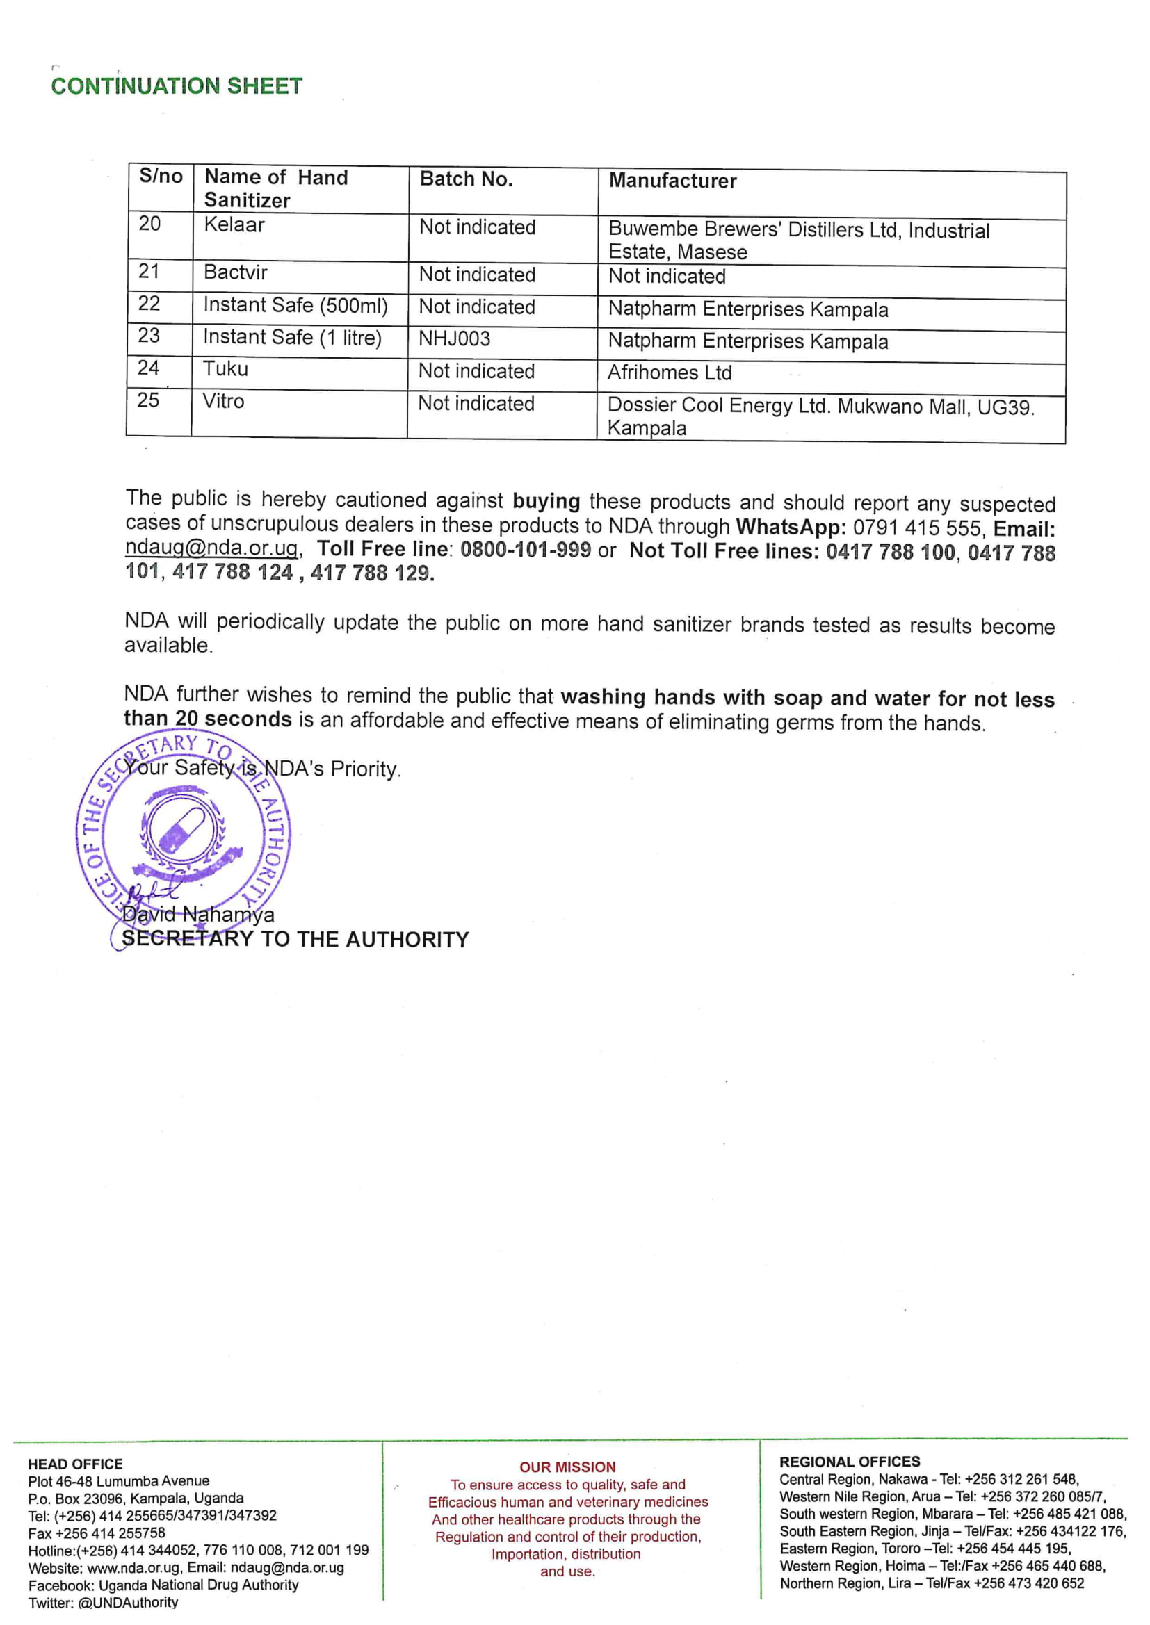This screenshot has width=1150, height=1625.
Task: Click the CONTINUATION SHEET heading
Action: (177, 86)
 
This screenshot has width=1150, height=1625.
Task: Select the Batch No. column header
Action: (465, 179)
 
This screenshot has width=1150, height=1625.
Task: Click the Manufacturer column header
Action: (672, 181)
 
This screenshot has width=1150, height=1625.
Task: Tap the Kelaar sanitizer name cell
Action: (234, 225)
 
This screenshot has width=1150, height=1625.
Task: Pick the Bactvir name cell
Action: (235, 272)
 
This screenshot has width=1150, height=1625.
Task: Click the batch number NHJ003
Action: (454, 339)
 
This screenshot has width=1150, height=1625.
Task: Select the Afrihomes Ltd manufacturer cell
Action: (669, 373)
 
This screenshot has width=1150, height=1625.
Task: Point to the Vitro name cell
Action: (223, 401)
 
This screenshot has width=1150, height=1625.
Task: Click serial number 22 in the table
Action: (149, 304)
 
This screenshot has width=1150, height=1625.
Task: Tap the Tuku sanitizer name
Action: (225, 369)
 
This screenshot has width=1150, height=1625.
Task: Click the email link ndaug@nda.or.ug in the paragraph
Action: (211, 548)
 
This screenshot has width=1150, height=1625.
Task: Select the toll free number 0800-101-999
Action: (525, 550)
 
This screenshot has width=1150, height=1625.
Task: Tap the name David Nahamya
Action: (198, 915)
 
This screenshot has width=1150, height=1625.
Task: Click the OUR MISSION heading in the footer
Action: (567, 1467)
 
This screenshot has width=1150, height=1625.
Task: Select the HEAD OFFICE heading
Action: (75, 1464)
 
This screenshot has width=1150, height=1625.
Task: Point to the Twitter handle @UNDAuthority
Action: (128, 1602)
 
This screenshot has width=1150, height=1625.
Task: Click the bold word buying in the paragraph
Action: (546, 502)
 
